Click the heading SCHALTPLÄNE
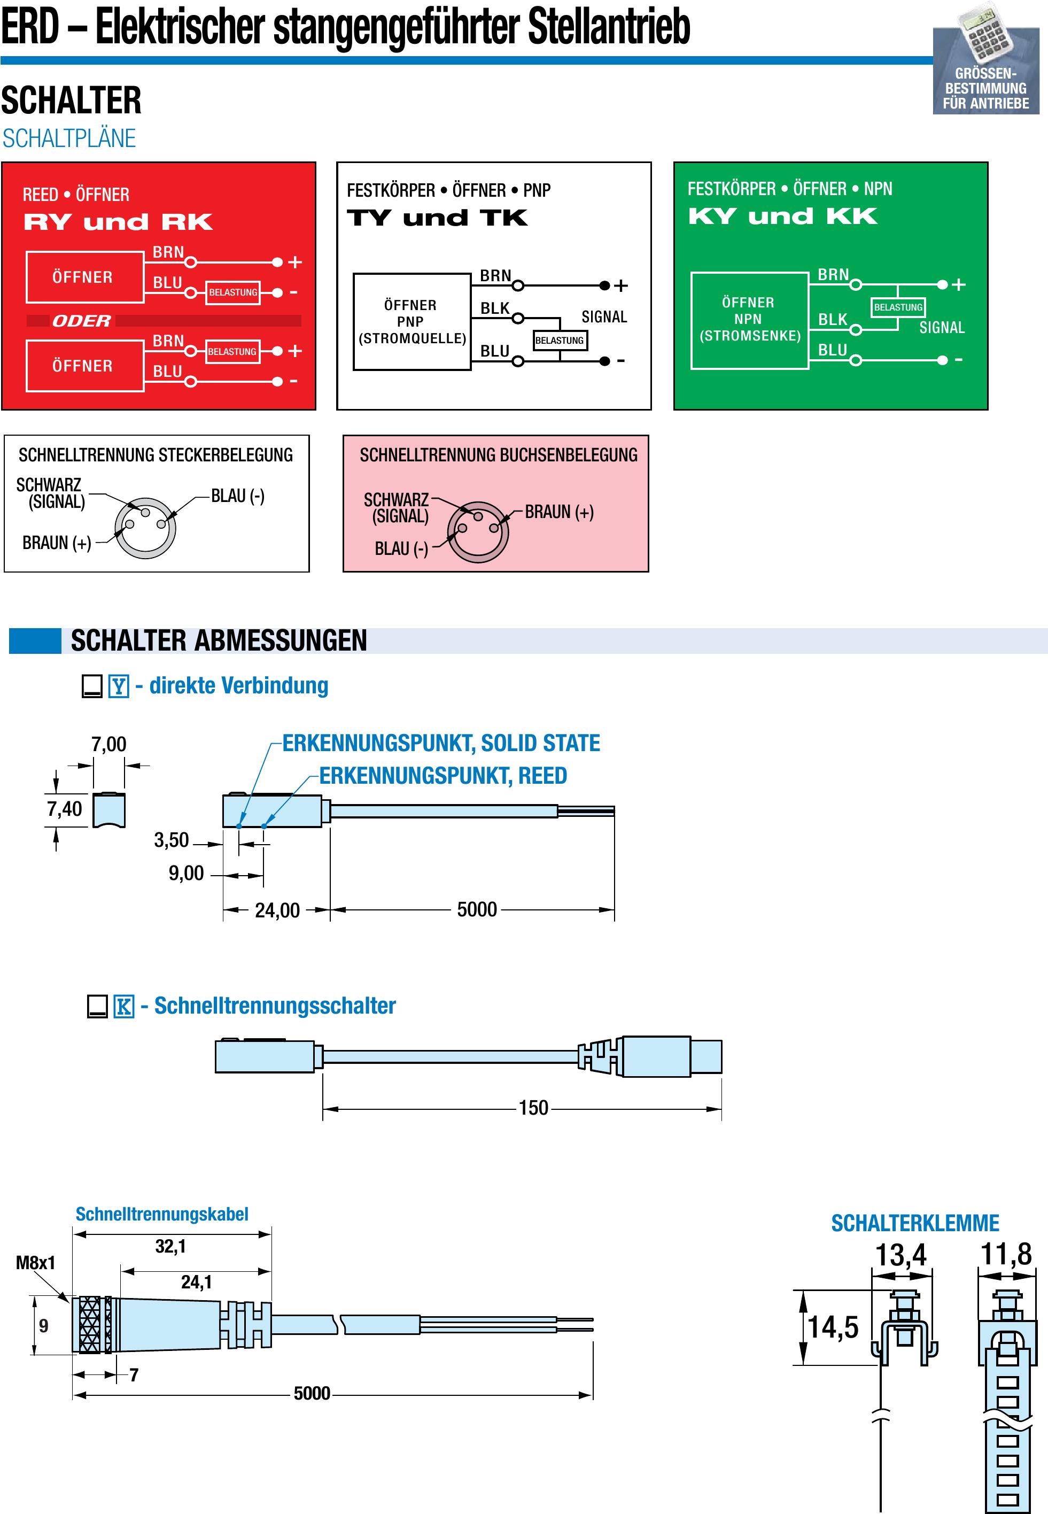coord(69,138)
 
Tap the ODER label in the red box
coord(81,321)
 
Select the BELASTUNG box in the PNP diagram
coord(560,340)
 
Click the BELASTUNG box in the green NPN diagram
coord(898,307)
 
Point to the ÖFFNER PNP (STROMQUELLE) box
coord(412,322)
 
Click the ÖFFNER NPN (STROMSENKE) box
coord(749,320)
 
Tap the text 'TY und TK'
coord(437,218)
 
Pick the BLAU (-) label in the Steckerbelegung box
coord(238,496)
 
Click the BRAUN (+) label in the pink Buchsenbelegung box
coord(559,512)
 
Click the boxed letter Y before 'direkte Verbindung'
coord(118,686)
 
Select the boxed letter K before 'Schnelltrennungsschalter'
coord(123,1006)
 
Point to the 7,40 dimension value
coord(64,808)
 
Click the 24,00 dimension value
coord(277,910)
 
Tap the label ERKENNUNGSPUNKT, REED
coord(443,776)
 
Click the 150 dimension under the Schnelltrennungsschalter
coord(533,1108)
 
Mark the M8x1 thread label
coord(35,1262)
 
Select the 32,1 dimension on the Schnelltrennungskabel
coord(170,1246)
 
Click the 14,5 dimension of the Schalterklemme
coord(833,1327)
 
